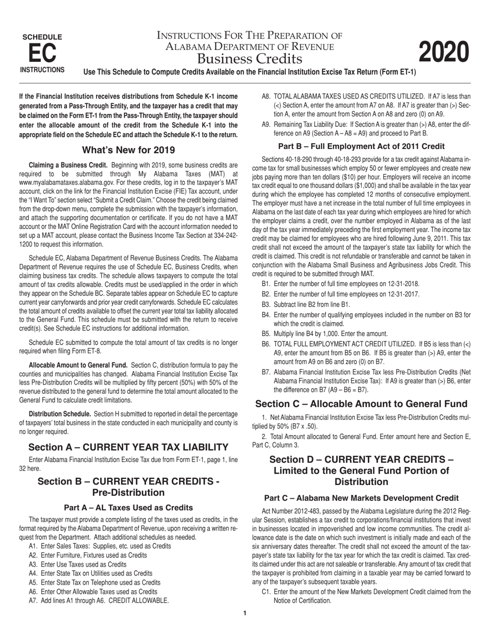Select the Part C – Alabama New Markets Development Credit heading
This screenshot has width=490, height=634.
[x=361, y=498]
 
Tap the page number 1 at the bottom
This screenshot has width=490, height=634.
[x=245, y=613]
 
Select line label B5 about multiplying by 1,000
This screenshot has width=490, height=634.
[x=266, y=333]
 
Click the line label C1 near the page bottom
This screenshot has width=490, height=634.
[x=266, y=592]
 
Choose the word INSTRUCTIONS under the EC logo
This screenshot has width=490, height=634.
[x=42, y=70]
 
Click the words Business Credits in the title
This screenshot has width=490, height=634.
[x=250, y=58]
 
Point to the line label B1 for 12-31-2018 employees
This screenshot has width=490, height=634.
[x=266, y=284]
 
